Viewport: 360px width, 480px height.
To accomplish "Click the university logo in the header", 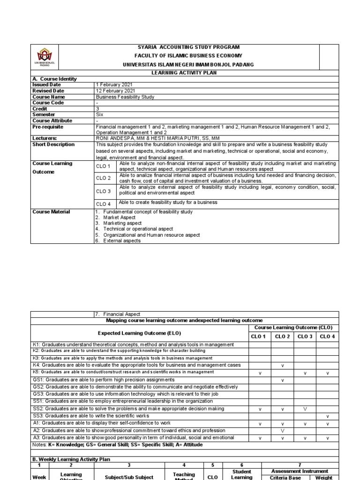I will point(46,58).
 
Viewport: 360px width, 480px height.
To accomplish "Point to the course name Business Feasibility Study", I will point(125,97).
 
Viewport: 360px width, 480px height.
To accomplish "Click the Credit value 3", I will point(97,109).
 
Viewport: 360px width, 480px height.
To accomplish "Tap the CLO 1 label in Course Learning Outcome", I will point(103,166).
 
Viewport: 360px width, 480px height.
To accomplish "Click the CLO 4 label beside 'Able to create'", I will point(103,204).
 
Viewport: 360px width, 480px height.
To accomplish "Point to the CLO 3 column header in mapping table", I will point(305,337).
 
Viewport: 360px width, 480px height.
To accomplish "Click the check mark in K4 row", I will point(283,365).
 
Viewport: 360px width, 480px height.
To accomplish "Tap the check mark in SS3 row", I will point(328,416).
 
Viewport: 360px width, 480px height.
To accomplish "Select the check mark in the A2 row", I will point(283,430).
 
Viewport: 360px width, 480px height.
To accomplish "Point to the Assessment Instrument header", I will point(300,471).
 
